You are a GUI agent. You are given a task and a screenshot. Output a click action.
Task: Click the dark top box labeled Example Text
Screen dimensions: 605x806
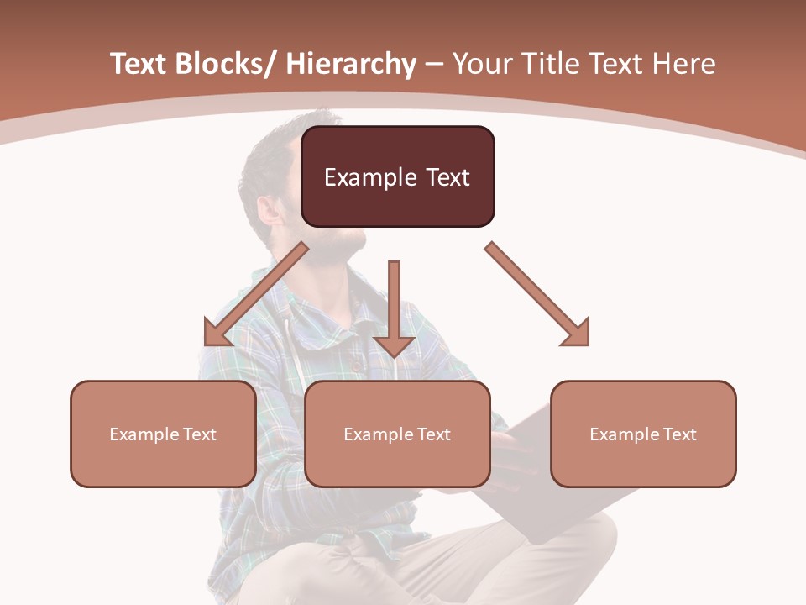pos(397,176)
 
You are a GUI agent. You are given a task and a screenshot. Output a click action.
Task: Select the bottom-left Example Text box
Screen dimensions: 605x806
pos(163,434)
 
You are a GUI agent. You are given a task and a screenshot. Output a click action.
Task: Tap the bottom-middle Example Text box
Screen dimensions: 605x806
pos(397,434)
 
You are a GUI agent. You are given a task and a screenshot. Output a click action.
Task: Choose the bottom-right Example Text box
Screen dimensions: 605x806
pos(643,434)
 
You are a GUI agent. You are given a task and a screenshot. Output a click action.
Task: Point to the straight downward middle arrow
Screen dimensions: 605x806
pos(394,302)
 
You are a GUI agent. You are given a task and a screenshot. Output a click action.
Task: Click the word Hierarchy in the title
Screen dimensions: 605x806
pos(351,64)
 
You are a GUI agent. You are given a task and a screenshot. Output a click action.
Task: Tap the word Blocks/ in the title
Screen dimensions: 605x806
pos(226,64)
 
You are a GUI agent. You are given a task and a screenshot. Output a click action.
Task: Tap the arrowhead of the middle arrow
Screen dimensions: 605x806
pos(394,345)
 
